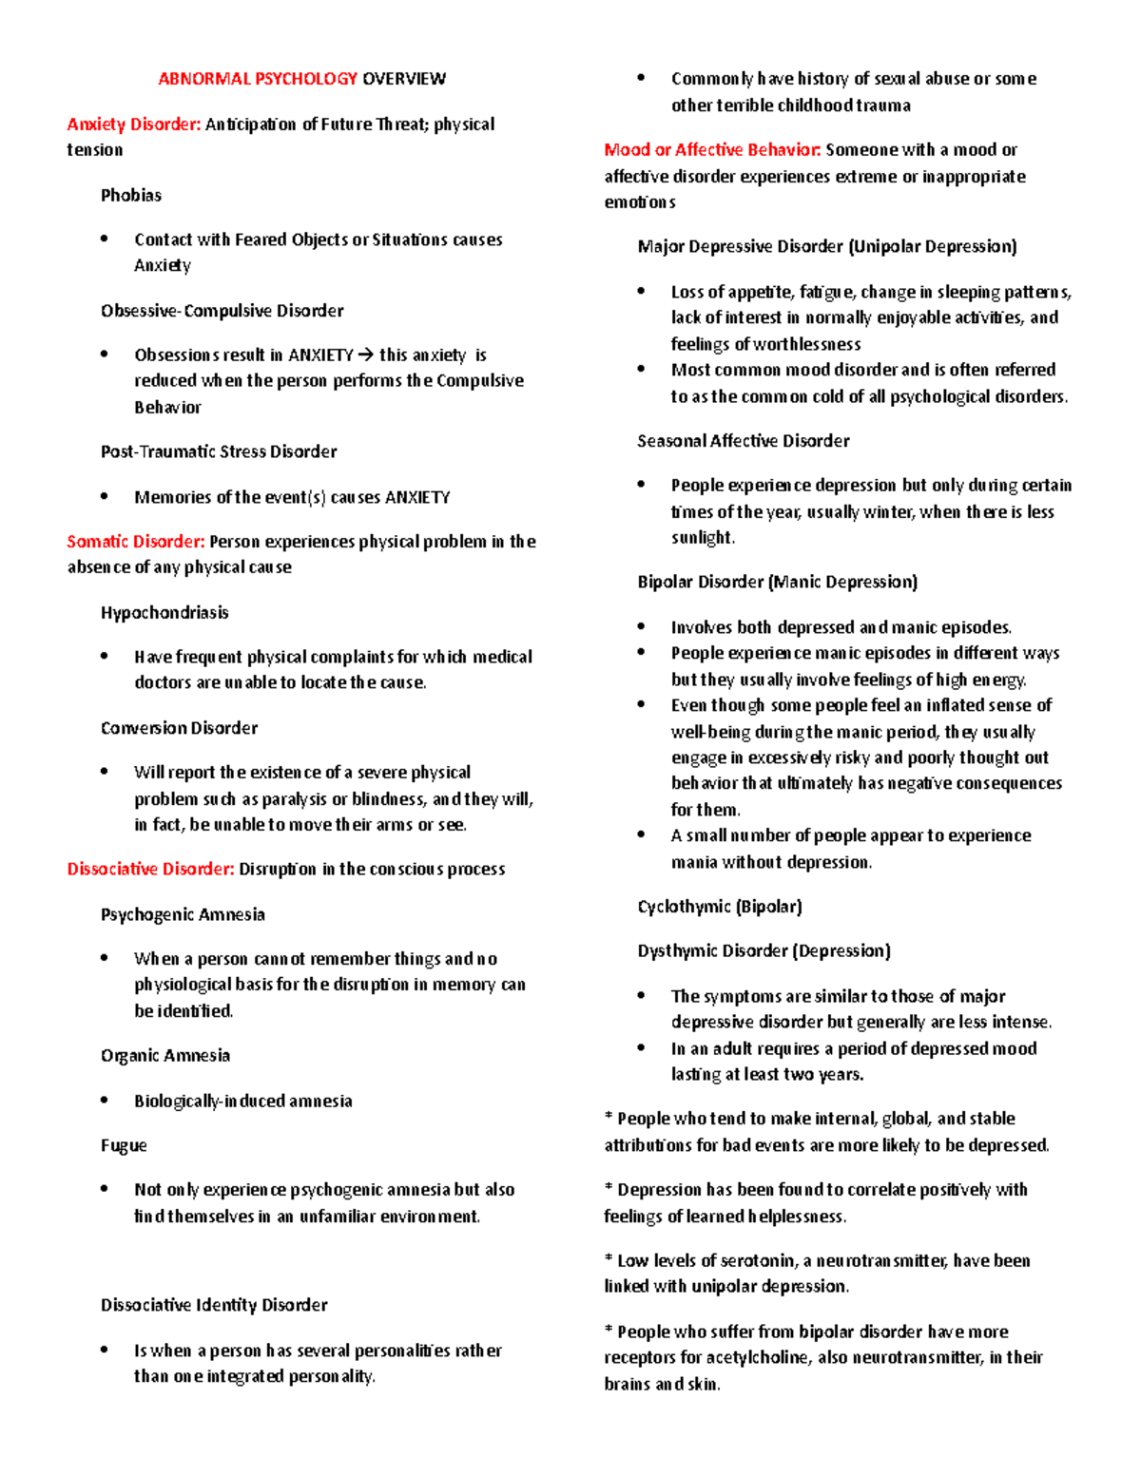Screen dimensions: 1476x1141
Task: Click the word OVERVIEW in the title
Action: click(x=403, y=79)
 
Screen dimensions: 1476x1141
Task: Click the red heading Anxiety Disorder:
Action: click(x=133, y=125)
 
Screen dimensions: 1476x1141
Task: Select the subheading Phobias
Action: click(x=131, y=195)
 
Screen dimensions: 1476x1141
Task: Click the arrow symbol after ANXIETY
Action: click(x=366, y=355)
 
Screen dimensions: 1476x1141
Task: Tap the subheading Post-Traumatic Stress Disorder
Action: click(x=219, y=451)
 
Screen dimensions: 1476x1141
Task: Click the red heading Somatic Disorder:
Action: click(x=135, y=542)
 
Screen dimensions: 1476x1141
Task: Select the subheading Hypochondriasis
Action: click(x=164, y=613)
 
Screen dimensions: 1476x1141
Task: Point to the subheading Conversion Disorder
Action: click(x=179, y=728)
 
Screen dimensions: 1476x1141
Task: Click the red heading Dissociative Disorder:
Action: click(x=150, y=870)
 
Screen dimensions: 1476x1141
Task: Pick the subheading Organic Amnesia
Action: click(x=165, y=1056)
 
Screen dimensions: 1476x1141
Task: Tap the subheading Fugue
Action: click(x=124, y=1146)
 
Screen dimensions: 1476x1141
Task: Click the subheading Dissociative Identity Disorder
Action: click(x=214, y=1306)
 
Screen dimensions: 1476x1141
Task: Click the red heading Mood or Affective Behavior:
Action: click(x=712, y=150)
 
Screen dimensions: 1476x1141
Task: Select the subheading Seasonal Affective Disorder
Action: click(x=743, y=441)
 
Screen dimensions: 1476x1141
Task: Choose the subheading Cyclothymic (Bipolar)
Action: click(x=720, y=907)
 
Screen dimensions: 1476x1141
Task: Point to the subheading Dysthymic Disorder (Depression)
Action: click(x=764, y=951)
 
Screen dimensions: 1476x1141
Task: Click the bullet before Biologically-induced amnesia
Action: click(x=105, y=1101)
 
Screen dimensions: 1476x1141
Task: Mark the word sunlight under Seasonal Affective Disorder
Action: click(x=702, y=538)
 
